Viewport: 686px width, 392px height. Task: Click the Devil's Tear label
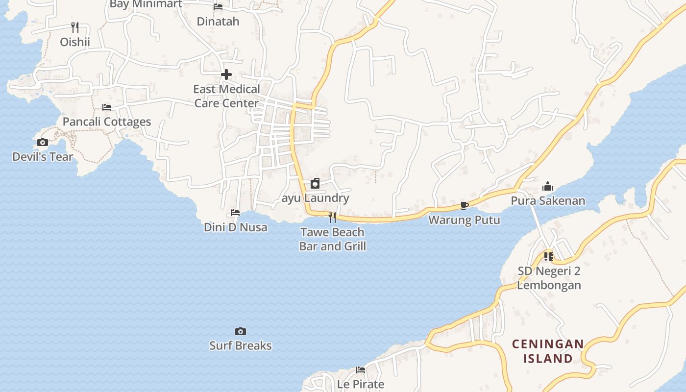point(43,157)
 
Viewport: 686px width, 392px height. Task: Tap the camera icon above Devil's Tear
point(43,143)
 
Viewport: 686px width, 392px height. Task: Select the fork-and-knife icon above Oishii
point(75,27)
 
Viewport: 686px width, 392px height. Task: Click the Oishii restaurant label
point(75,42)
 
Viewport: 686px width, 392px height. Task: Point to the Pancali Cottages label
point(107,122)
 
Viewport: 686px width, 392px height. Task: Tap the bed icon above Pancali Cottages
point(107,107)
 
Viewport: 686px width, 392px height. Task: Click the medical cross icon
point(226,74)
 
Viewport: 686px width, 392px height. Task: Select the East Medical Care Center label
point(226,96)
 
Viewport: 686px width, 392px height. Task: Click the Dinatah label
point(218,21)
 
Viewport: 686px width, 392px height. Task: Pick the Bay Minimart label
point(146,4)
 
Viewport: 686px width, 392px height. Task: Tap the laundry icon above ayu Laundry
point(315,184)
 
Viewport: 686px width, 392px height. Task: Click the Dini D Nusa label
point(236,227)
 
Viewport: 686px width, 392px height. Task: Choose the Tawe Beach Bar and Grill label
point(333,239)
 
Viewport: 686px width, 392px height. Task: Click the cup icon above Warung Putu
point(464,205)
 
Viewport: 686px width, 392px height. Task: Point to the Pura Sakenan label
point(548,200)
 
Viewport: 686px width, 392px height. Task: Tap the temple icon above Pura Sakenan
point(548,186)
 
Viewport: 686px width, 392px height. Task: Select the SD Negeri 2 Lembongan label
point(549,278)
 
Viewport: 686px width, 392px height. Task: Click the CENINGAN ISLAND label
point(548,351)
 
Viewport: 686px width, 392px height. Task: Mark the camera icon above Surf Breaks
point(240,331)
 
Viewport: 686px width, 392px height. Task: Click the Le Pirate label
point(361,384)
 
